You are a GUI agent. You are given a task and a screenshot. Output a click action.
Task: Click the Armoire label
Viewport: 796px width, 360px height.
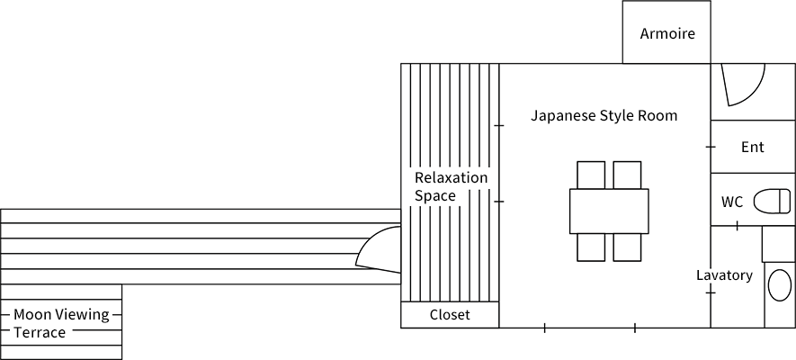click(x=667, y=34)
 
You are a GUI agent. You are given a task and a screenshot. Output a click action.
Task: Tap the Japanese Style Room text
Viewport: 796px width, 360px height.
click(x=604, y=116)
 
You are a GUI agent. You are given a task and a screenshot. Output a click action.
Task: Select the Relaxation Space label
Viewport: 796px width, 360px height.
click(x=450, y=186)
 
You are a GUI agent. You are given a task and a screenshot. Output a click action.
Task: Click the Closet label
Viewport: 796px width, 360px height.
click(x=450, y=315)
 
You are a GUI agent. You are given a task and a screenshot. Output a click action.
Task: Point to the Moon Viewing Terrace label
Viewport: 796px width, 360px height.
click(x=60, y=323)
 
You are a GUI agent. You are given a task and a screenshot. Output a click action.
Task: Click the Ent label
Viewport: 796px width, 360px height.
click(x=752, y=147)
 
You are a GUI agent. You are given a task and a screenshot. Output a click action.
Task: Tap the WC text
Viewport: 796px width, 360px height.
click(x=732, y=202)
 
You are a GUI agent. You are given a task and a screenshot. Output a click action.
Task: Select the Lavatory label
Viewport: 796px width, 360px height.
click(x=724, y=275)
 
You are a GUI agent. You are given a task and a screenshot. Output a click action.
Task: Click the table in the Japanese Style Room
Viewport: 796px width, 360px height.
click(x=608, y=211)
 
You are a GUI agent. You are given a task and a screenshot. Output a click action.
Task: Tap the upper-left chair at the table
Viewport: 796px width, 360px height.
click(x=591, y=175)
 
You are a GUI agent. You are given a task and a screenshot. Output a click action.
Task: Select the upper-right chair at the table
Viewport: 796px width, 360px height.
click(x=627, y=175)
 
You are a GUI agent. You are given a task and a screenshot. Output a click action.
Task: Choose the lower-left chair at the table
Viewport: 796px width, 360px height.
click(x=591, y=247)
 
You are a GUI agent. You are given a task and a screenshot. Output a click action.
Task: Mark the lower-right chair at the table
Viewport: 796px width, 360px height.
click(x=627, y=247)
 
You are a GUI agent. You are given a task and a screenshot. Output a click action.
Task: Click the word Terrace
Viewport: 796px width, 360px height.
click(x=40, y=333)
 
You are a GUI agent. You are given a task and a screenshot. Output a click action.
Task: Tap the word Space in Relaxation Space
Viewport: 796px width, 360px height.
click(x=434, y=195)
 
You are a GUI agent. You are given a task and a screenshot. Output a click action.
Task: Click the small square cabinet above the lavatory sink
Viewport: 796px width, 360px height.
click(x=778, y=243)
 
